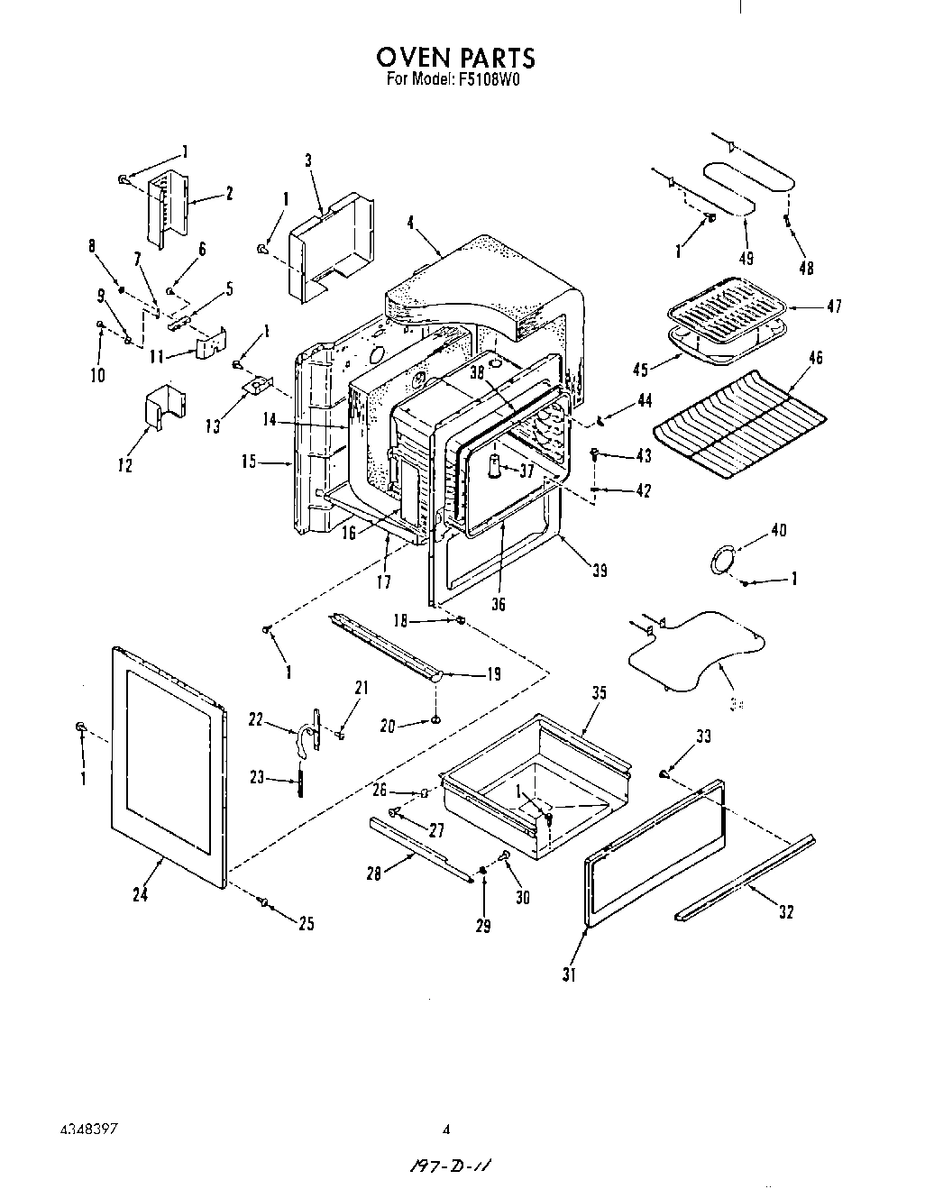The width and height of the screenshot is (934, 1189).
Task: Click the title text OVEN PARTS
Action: [x=455, y=58]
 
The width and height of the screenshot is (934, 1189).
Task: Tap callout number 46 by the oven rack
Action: [x=815, y=359]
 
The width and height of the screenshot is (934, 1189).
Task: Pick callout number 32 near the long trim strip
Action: [x=785, y=912]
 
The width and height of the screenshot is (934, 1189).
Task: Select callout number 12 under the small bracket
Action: [x=125, y=465]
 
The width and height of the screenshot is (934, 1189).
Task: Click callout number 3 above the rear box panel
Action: [x=308, y=161]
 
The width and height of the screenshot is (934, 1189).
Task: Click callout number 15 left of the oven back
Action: [x=249, y=462]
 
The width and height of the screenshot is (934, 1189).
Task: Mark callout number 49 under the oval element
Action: [x=746, y=259]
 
